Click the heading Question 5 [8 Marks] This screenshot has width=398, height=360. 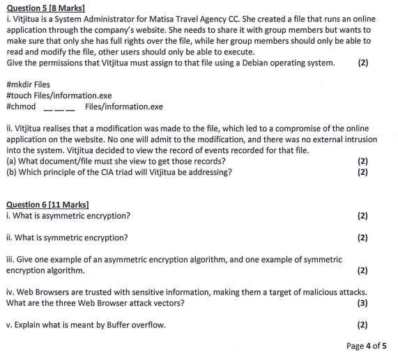pyautogui.click(x=45, y=8)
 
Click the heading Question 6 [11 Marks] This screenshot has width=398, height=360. pyautogui.click(x=47, y=204)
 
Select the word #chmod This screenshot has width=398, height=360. pyautogui.click(x=21, y=107)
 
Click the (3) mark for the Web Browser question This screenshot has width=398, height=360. pyautogui.click(x=362, y=303)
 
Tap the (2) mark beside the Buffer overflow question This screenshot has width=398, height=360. pyautogui.click(x=362, y=324)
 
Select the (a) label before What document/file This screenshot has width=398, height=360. pyautogui.click(x=10, y=161)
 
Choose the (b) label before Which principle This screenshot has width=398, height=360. pyautogui.click(x=10, y=172)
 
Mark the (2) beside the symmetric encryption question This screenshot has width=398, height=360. pyautogui.click(x=362, y=237)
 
